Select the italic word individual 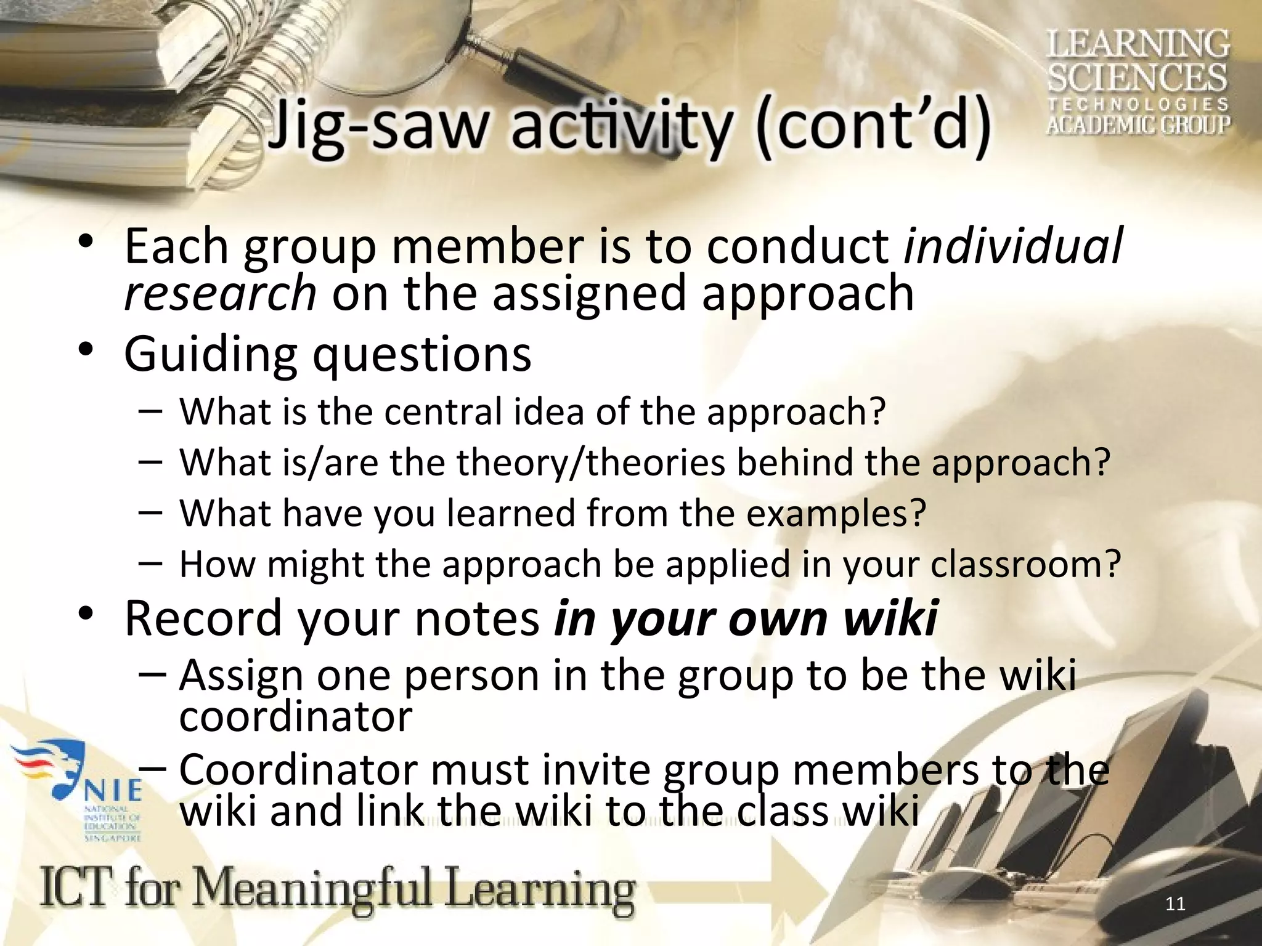tap(1013, 245)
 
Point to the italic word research tap(220, 293)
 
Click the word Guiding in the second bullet tap(210, 356)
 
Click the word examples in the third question tap(836, 513)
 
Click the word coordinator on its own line tap(295, 717)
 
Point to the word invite tap(596, 770)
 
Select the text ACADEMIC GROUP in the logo tap(1138, 124)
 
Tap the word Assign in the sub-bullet tap(241, 676)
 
